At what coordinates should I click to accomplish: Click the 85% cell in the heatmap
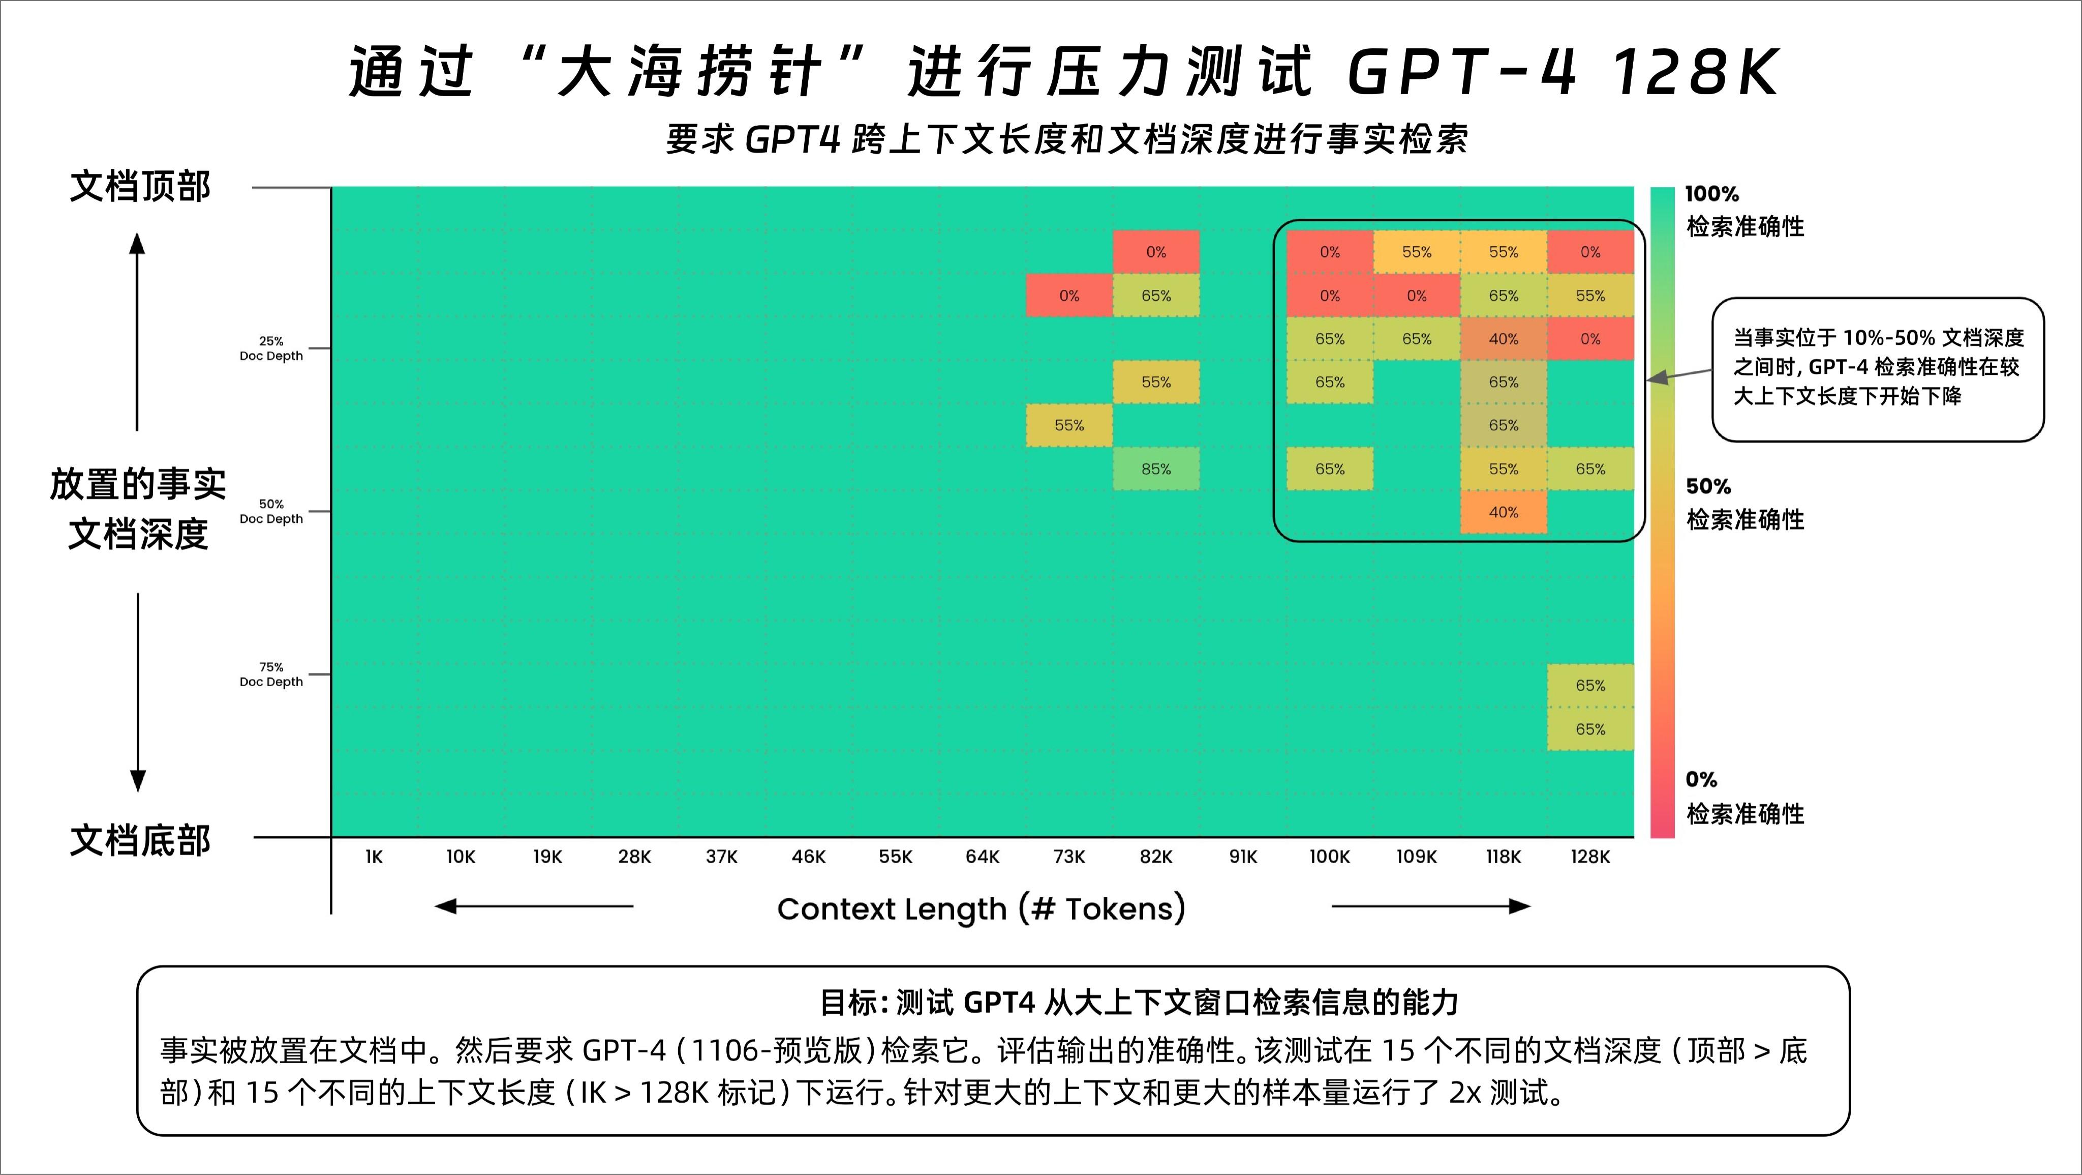pos(1156,469)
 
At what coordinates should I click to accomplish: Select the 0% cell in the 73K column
pos(1069,296)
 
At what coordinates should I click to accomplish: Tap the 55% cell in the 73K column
pos(1069,425)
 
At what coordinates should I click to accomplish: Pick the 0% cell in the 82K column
pos(1156,252)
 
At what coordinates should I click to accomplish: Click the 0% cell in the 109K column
pos(1417,296)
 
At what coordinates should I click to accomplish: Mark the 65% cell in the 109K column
pos(1417,339)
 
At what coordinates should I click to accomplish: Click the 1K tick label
pos(374,857)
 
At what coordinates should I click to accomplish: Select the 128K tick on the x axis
pos(1590,857)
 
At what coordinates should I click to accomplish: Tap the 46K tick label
pos(808,857)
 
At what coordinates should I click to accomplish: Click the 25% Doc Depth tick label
pos(271,348)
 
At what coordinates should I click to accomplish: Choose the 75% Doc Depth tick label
pos(271,674)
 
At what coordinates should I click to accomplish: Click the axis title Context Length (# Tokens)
pos(981,909)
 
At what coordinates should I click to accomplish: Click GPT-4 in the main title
pos(1461,72)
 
